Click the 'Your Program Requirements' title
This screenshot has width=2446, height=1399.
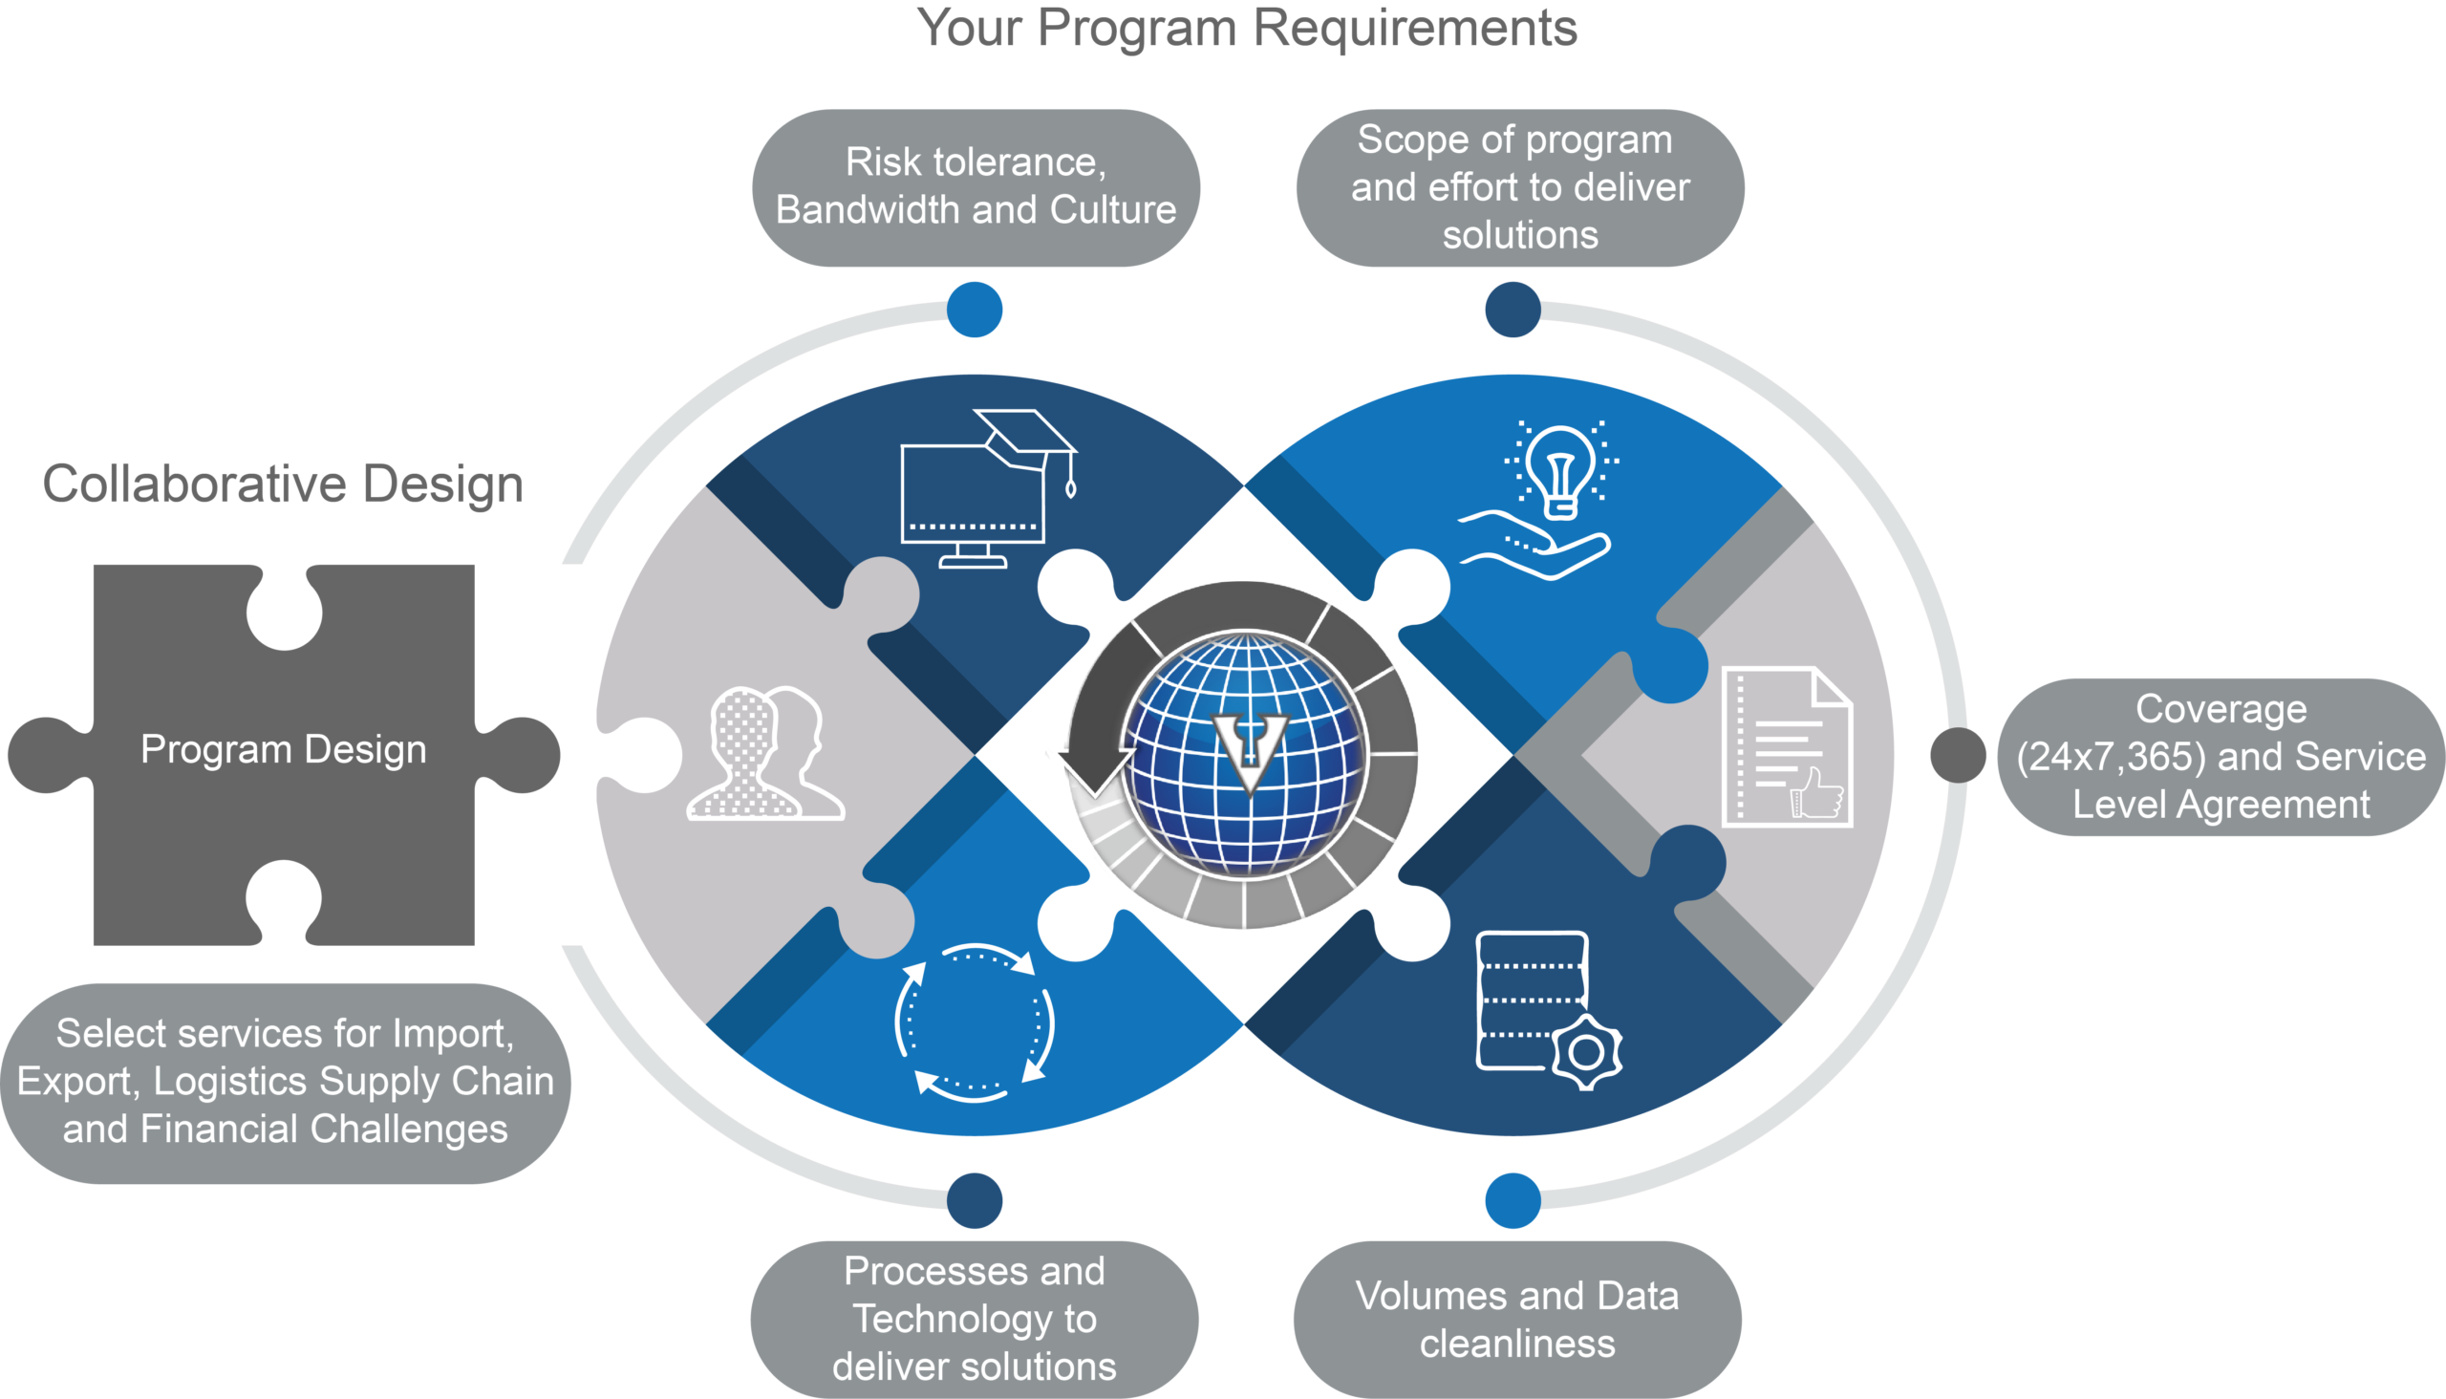(1247, 29)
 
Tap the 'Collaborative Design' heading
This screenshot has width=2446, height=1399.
(284, 484)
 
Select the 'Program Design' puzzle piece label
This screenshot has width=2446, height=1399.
(284, 749)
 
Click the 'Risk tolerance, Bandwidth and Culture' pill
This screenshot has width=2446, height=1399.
(976, 187)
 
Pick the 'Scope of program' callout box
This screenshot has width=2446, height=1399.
(1520, 187)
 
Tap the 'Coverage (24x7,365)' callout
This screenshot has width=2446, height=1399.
(2221, 757)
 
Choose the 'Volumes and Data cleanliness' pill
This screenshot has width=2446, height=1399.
(1518, 1320)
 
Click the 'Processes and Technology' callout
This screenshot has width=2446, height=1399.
(975, 1320)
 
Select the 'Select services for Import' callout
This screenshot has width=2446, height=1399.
(286, 1083)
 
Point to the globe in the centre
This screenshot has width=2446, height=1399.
(1245, 754)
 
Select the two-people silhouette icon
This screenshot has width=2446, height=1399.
(765, 753)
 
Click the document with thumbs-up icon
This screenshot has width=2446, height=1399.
(1787, 746)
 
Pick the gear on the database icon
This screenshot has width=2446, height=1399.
(1586, 1052)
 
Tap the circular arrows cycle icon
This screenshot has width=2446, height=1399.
(976, 1022)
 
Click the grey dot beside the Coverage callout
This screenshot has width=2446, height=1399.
(1958, 755)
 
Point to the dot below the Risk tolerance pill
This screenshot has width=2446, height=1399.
(975, 310)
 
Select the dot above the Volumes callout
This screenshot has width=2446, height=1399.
(1513, 1200)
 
